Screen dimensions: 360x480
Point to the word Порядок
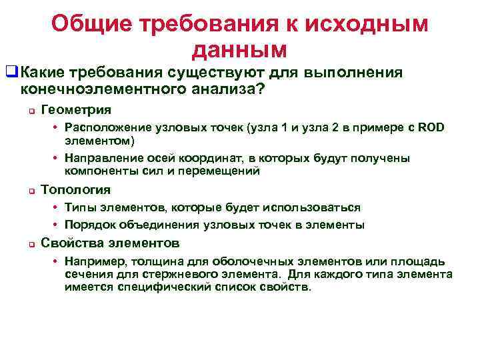click(88, 225)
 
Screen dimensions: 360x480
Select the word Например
click(96, 261)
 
